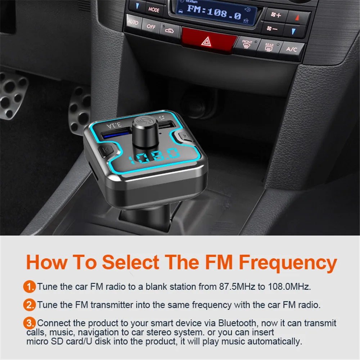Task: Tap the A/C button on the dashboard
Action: click(x=291, y=49)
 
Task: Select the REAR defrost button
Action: click(x=269, y=47)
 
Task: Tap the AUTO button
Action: click(x=133, y=23)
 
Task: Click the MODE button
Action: click(x=154, y=10)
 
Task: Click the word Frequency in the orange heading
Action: click(x=288, y=262)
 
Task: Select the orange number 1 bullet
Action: click(x=30, y=287)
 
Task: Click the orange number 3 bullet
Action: click(x=30, y=322)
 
